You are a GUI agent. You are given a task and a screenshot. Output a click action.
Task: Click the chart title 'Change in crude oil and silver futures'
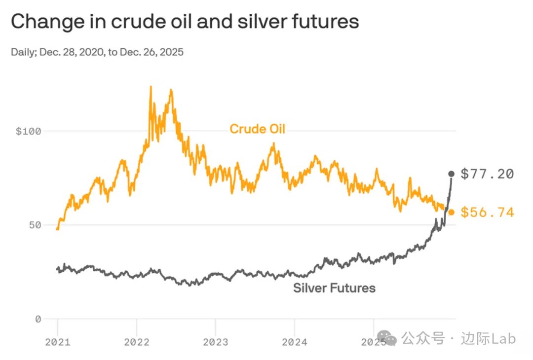pos(185,22)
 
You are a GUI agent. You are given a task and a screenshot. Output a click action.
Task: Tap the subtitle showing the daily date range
pos(97,52)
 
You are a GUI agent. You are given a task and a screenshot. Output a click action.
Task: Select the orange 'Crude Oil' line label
pos(257,129)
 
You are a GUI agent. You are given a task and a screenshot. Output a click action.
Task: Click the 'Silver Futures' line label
pos(334,288)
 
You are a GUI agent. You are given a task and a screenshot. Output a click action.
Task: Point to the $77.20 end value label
pos(487,174)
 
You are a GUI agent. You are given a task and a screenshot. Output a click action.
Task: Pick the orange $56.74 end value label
pos(487,213)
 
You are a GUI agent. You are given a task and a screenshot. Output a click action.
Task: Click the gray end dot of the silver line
pos(451,174)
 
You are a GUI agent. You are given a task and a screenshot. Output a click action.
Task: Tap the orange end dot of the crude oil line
pos(451,212)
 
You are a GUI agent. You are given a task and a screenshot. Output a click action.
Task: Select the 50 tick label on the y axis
pos(34,225)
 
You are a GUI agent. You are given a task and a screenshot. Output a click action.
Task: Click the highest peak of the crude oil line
pos(151,87)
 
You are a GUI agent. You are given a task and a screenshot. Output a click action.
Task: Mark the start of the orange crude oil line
pos(58,229)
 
